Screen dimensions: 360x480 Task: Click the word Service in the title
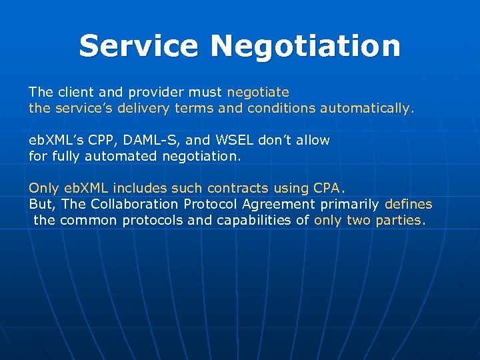[139, 46]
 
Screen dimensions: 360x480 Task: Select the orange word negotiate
[258, 91]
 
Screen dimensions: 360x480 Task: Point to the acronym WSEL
[231, 141]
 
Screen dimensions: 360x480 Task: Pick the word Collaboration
[134, 205]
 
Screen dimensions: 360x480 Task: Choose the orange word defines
[408, 205]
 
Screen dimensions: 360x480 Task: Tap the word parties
[399, 220]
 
